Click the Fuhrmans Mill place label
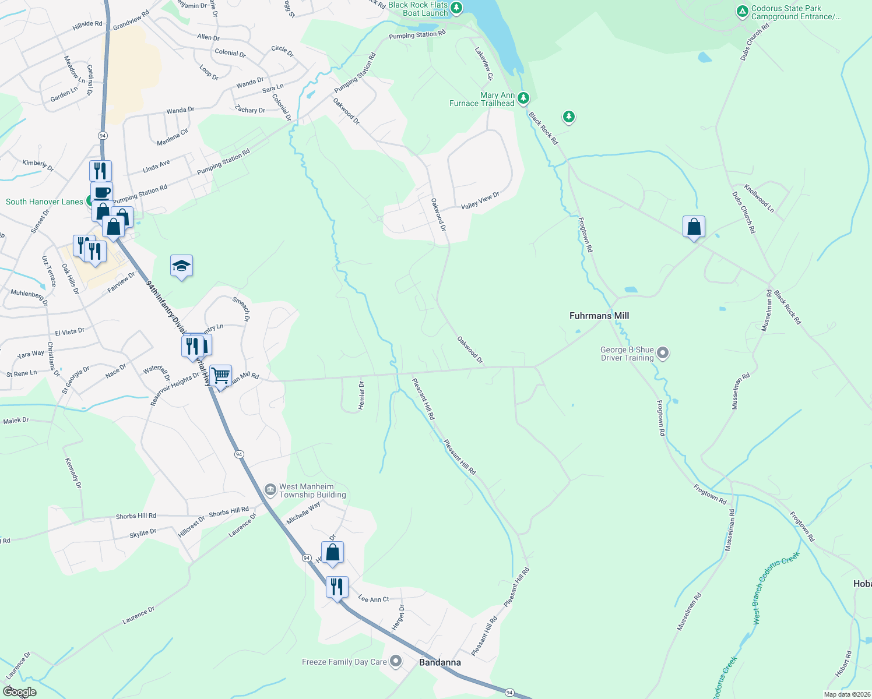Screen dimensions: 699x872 click(x=599, y=316)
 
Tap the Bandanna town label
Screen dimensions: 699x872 click(x=440, y=662)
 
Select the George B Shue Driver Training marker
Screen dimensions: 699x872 click(x=663, y=353)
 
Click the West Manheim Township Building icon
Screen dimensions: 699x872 click(x=270, y=489)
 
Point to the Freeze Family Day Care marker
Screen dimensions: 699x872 click(x=396, y=661)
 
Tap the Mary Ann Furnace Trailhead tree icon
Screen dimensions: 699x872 click(x=523, y=98)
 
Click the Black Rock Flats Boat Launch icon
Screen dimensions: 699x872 click(x=456, y=8)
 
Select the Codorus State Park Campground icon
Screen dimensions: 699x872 click(x=742, y=11)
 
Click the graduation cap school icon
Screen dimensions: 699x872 click(x=181, y=266)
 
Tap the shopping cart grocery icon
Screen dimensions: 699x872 click(x=221, y=375)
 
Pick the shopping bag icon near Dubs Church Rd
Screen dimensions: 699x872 click(x=694, y=227)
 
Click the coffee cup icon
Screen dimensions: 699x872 click(x=101, y=192)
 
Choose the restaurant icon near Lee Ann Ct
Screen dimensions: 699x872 click(x=337, y=587)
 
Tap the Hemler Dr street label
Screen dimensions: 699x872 click(x=361, y=396)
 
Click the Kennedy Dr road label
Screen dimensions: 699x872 click(x=73, y=473)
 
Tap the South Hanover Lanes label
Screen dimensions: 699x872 click(x=44, y=202)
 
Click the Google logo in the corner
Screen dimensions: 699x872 click(x=19, y=691)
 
